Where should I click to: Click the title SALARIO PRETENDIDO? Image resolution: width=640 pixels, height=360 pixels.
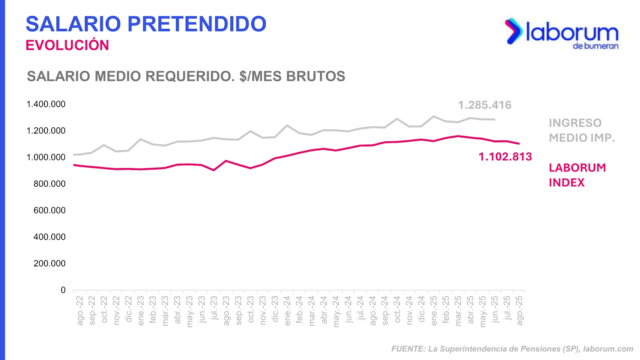[x=146, y=24]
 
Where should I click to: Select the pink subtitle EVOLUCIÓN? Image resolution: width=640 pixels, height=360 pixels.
[x=67, y=45]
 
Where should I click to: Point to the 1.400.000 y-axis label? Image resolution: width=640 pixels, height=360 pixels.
[x=46, y=104]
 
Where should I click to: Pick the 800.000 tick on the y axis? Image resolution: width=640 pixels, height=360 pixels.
[x=50, y=184]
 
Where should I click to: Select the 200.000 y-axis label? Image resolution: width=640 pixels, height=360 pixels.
[x=50, y=264]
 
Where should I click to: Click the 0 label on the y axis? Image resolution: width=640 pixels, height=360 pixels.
[x=63, y=290]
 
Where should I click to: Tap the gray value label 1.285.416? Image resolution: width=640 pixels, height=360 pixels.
[x=484, y=105]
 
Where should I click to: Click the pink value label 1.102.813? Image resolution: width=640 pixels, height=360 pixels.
[x=505, y=157]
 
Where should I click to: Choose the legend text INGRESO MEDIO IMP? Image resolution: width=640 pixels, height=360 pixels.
[x=581, y=130]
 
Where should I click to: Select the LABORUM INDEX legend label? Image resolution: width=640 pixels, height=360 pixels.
[x=577, y=175]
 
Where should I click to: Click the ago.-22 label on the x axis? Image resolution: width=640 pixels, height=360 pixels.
[x=80, y=310]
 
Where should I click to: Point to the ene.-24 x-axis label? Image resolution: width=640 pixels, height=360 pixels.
[x=288, y=310]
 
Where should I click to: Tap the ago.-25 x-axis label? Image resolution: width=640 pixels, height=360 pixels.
[x=520, y=310]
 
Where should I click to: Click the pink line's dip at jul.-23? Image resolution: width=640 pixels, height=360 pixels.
[x=214, y=170]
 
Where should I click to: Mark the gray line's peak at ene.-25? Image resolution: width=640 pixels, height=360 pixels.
[x=434, y=116]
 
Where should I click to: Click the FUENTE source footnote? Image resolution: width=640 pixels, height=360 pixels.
[x=512, y=349]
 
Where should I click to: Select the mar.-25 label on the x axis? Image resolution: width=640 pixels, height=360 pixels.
[x=458, y=310]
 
